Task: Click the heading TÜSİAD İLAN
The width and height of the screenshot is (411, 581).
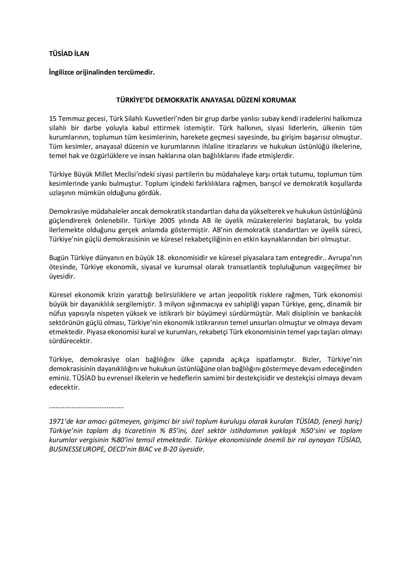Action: tap(69, 53)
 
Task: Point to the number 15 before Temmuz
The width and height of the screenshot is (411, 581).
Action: tap(53, 119)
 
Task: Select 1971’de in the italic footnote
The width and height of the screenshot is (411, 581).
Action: tap(60, 421)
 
